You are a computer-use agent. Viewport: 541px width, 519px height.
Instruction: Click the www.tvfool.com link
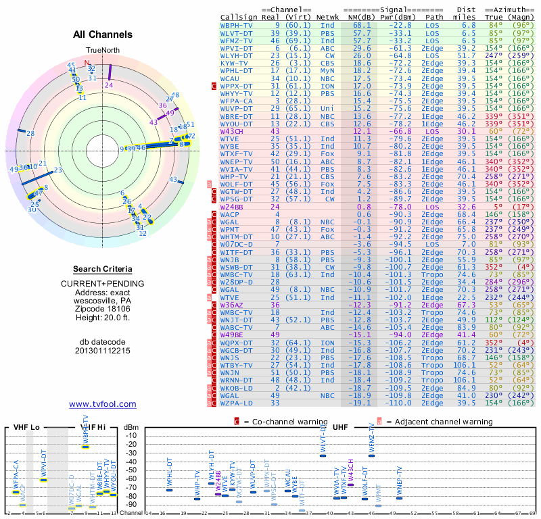pyautogui.click(x=102, y=404)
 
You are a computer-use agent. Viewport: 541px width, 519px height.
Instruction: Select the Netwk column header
pyautogui.click(x=327, y=16)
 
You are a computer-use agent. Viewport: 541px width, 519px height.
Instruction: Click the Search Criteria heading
pyautogui.click(x=102, y=269)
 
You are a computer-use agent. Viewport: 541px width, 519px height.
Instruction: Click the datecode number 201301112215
pyautogui.click(x=102, y=351)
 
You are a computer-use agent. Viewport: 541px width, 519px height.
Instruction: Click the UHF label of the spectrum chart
pyautogui.click(x=341, y=428)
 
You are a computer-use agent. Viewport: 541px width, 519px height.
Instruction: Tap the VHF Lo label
pyautogui.click(x=26, y=428)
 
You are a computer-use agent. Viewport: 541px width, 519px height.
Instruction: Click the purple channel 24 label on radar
pyautogui.click(x=109, y=85)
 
